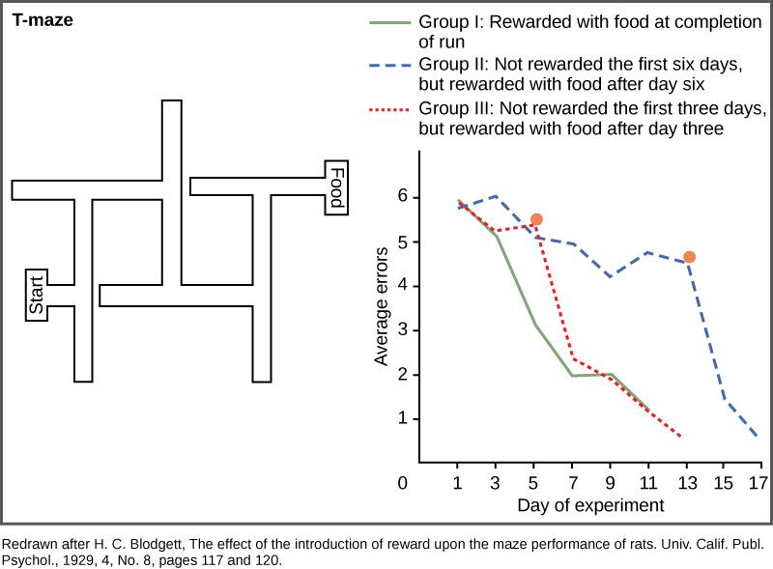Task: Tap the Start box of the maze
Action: tap(37, 295)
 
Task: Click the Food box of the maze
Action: tap(335, 187)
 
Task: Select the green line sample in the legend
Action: tap(389, 21)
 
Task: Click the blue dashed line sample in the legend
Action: tap(389, 64)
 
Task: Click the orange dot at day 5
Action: tap(537, 219)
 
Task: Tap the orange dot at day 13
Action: tap(689, 257)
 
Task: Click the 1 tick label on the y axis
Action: tap(402, 419)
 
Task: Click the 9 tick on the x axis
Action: tap(610, 482)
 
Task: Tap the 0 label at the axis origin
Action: tap(402, 482)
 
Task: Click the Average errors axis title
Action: tap(382, 306)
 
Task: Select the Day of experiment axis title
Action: tap(590, 505)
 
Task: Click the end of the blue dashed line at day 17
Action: tap(757, 436)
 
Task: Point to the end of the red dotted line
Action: tap(681, 437)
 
